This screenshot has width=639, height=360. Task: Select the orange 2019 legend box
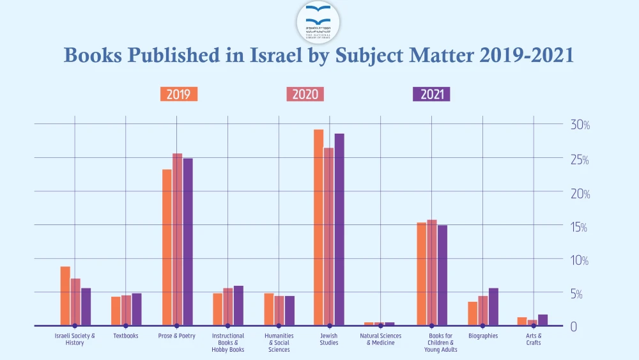coord(179,94)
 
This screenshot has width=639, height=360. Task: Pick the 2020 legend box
coord(305,94)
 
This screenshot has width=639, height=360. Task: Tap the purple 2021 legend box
coord(431,94)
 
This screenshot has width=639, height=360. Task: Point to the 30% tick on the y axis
coord(580,125)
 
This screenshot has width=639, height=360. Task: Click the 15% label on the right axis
coord(580,226)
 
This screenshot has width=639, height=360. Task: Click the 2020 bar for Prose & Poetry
coord(178,239)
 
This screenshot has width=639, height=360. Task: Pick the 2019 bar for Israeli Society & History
coord(65,296)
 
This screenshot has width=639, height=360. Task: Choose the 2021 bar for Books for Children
coord(442,275)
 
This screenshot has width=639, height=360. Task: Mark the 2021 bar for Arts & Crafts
coord(543,320)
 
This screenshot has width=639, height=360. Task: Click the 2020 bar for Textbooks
coord(127,310)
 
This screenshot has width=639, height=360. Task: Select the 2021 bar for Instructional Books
coord(238,306)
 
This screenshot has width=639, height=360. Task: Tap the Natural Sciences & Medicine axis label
coord(380,339)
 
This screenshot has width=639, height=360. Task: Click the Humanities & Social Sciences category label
coord(279,342)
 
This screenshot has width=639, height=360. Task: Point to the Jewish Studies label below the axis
coord(329,339)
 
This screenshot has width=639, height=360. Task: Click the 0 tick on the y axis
coord(574,327)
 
